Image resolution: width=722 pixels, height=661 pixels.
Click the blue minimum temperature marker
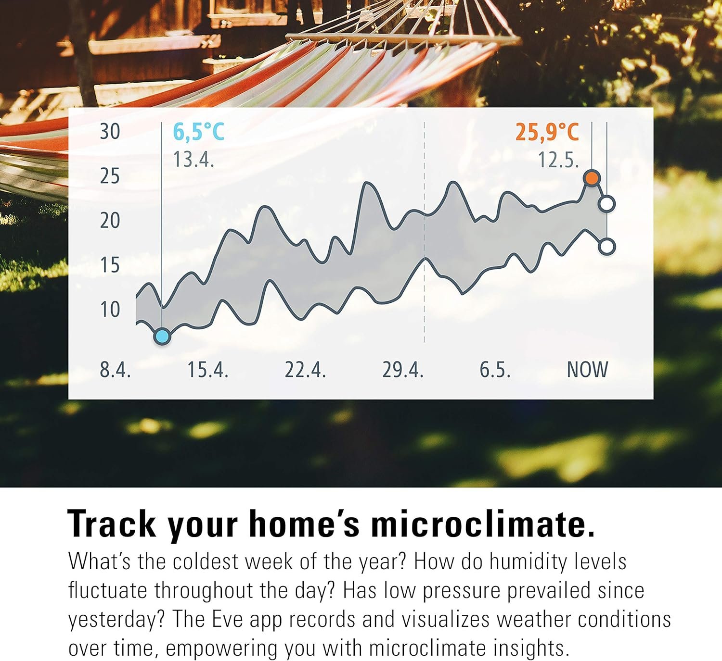pos(162,337)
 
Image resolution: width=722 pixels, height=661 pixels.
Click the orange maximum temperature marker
pos(592,178)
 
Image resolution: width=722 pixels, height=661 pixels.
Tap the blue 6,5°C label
pos(199,132)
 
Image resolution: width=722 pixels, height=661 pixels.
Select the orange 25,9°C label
pos(547,132)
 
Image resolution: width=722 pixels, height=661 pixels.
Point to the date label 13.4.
pos(193,159)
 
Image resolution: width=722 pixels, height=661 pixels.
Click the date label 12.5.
pos(558,160)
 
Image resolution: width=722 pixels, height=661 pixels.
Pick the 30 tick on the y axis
pos(110,132)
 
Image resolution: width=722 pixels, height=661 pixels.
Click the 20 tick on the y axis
pos(110,221)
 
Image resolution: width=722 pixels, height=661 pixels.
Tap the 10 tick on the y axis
pos(110,310)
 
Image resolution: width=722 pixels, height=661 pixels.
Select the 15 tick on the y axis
pos(110,265)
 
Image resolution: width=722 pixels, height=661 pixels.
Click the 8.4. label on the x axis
pos(115,369)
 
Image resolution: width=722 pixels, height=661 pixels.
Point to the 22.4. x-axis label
pos(305,369)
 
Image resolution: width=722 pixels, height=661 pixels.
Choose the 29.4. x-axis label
pos(403,369)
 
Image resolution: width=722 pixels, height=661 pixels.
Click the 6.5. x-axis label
pos(495,369)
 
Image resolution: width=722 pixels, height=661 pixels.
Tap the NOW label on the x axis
pos(587,369)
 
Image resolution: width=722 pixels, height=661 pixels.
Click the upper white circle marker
pos(607,204)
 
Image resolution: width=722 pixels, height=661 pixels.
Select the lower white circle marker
pos(607,247)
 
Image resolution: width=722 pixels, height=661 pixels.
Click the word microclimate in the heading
pos(482,524)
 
